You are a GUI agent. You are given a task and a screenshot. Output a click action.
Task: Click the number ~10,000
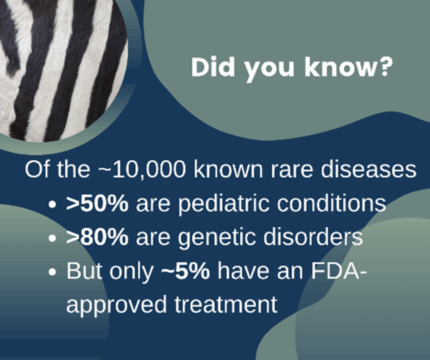pos(142,170)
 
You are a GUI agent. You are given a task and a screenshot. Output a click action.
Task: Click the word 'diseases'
pos(369,170)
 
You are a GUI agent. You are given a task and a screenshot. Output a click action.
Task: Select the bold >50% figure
pos(97,203)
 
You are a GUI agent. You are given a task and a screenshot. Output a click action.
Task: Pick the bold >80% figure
pos(97,237)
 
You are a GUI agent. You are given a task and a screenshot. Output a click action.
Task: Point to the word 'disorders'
pos(313,237)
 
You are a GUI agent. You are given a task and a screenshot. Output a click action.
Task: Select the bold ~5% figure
pos(185,271)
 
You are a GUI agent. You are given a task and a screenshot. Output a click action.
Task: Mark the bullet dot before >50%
pos(52,204)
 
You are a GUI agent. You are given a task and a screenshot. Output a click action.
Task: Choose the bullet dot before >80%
pos(52,238)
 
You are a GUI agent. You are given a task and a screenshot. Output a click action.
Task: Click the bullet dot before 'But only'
pos(52,272)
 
